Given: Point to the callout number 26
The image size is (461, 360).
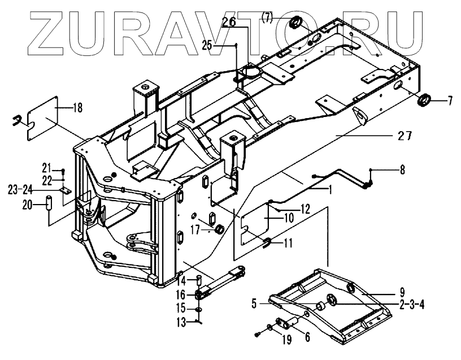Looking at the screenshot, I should coord(228,23).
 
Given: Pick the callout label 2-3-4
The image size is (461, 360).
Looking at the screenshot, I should coord(410,305).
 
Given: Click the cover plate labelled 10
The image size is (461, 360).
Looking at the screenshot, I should coord(257,224).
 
